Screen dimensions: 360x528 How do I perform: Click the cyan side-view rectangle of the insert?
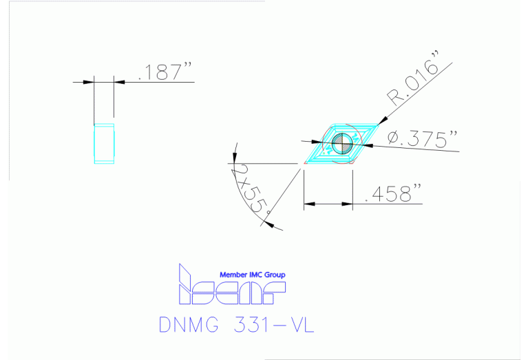pos(104,143)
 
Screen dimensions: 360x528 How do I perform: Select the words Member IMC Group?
pos(252,275)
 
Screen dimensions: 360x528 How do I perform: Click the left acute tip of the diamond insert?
pos(303,163)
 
